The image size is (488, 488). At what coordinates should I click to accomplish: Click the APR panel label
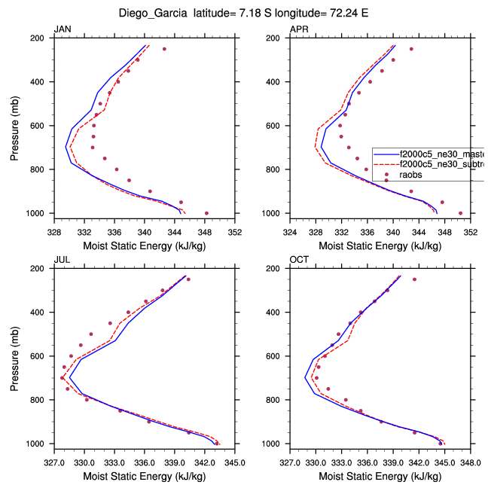coord(299,29)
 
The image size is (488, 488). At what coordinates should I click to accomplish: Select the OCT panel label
coord(299,261)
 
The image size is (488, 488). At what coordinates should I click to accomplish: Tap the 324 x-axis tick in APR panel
coord(291,233)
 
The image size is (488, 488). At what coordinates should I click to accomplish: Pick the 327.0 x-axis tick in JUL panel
coord(53,463)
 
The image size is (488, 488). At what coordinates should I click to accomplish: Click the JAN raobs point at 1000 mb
coord(206,213)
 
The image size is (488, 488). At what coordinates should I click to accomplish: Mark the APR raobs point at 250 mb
coord(411,49)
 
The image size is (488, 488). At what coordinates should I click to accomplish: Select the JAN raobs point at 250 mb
coord(164,49)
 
